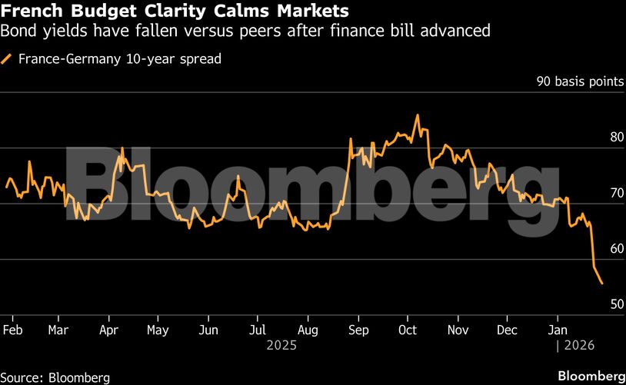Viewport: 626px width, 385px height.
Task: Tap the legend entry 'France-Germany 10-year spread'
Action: (x=118, y=58)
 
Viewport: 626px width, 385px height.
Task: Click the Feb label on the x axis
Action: (x=13, y=330)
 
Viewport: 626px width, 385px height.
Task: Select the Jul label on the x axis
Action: (x=257, y=330)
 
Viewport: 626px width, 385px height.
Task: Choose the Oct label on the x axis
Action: (x=407, y=330)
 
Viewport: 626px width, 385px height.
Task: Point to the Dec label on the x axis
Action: (x=506, y=330)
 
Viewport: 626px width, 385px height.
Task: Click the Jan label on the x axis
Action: (x=556, y=330)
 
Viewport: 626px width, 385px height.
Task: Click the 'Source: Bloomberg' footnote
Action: (x=55, y=377)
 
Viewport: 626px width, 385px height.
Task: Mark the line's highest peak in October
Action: (x=418, y=115)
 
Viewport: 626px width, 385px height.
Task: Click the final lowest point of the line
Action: (x=601, y=284)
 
